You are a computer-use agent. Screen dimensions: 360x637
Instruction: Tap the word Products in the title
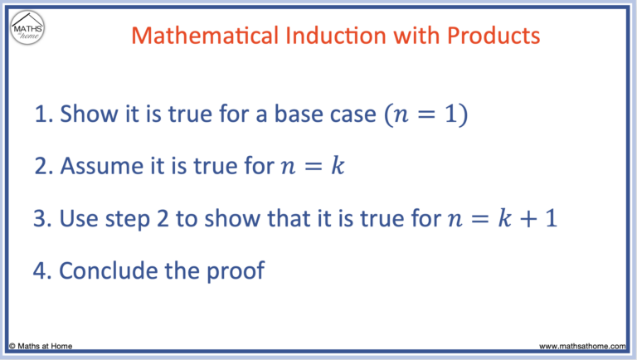pos(493,36)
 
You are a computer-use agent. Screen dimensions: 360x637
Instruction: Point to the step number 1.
pos(42,115)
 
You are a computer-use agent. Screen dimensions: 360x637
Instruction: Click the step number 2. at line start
pos(44,166)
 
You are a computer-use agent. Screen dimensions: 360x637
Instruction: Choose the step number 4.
pos(44,270)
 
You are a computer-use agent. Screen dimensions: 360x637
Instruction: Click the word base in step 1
pos(304,115)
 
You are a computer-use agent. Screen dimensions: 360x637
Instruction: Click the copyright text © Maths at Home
pos(43,346)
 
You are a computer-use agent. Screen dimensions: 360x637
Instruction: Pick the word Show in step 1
pos(88,115)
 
